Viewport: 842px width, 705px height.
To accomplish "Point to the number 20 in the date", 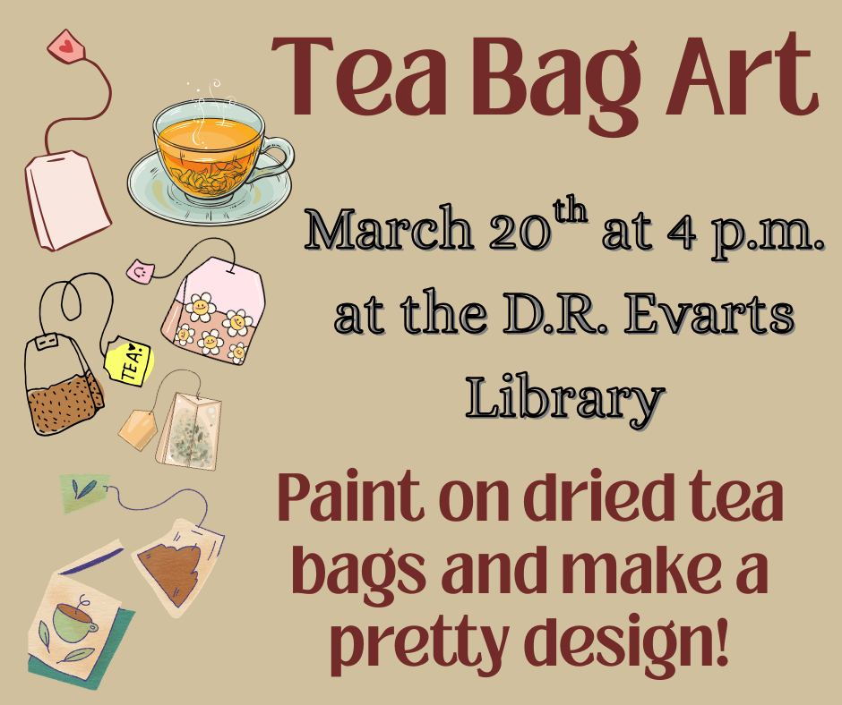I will click(x=516, y=234).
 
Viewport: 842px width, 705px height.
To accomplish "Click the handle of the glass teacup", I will click(x=279, y=159).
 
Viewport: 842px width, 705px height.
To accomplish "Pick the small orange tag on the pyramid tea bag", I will click(x=136, y=427).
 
